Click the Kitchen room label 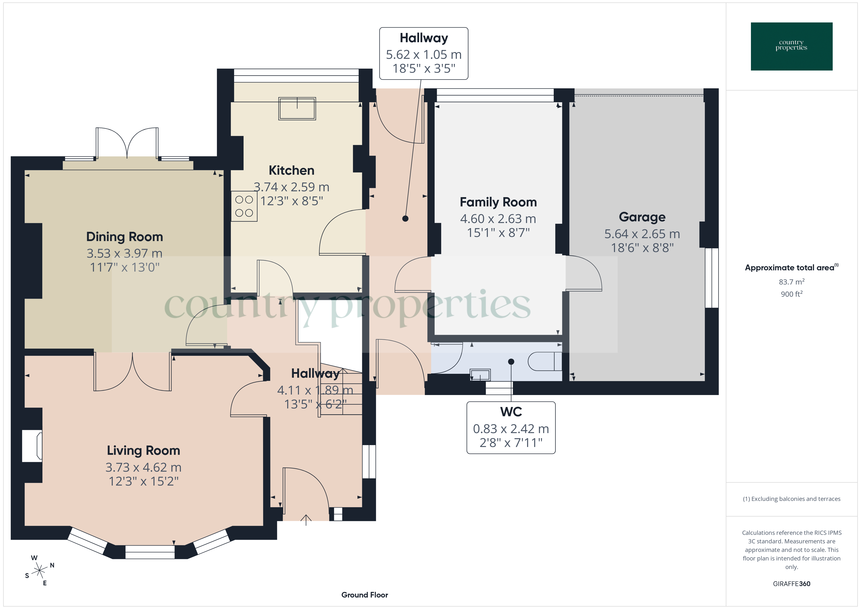click(291, 171)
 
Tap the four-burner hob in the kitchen click(244, 206)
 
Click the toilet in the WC click(544, 362)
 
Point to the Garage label click(642, 217)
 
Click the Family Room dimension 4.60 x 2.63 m click(498, 219)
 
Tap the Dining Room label click(124, 237)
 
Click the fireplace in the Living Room click(32, 446)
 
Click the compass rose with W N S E click(39, 571)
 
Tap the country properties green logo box click(791, 47)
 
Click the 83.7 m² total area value click(791, 282)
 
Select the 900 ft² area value click(791, 294)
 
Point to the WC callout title click(511, 412)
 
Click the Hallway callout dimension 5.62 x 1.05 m click(424, 55)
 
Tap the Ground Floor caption click(365, 595)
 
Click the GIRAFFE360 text click(791, 584)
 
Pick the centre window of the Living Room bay click(150, 552)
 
